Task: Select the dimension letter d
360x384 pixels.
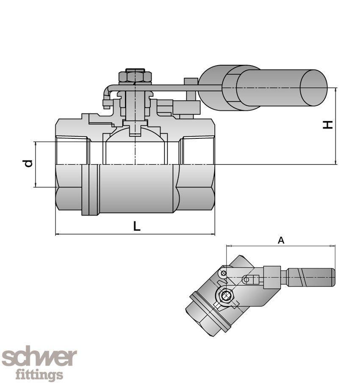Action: [x=28, y=163]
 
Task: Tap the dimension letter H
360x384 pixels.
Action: [x=328, y=124]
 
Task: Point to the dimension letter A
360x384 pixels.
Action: [x=281, y=240]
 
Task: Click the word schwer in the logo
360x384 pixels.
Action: [x=39, y=358]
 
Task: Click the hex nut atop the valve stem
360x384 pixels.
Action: [x=135, y=76]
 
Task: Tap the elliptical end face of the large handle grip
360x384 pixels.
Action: [x=313, y=88]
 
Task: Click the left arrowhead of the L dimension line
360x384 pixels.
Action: [x=58, y=234]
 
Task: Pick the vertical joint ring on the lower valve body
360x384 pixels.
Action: [x=91, y=190]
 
